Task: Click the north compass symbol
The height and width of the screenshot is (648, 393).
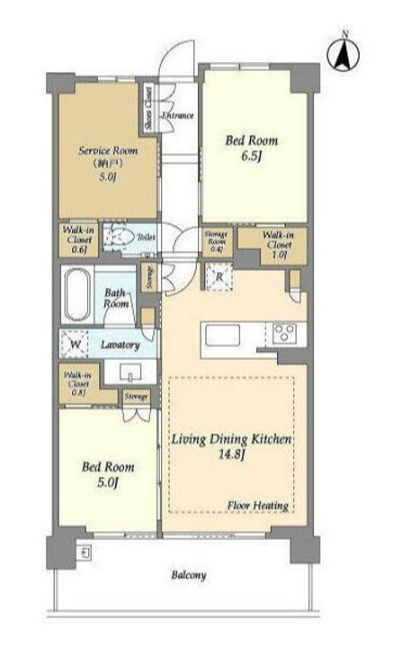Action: pyautogui.click(x=344, y=54)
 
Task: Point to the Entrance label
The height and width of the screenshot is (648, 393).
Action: pyautogui.click(x=177, y=117)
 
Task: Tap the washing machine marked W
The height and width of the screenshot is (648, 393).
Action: pyautogui.click(x=75, y=344)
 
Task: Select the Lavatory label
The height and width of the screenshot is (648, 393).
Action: pyautogui.click(x=120, y=345)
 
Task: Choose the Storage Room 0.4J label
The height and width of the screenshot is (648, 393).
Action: pyautogui.click(x=216, y=240)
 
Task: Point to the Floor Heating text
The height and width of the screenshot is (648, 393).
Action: pyautogui.click(x=257, y=506)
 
